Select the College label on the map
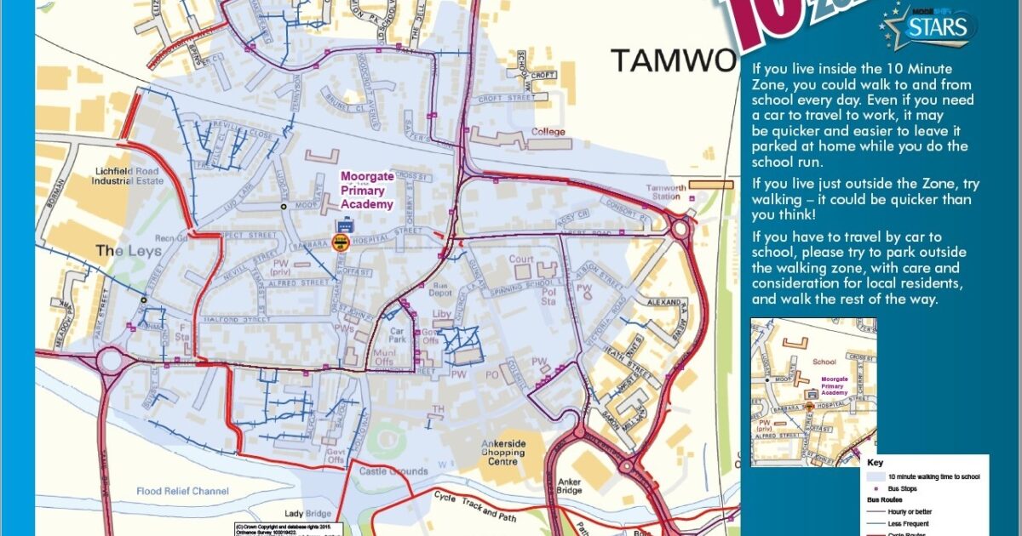(x=548, y=132)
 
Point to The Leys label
(x=123, y=251)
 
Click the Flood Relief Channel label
(x=183, y=491)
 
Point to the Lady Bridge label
(x=307, y=514)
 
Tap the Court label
(x=521, y=259)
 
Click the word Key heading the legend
(x=876, y=464)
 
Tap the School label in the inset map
(x=824, y=362)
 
